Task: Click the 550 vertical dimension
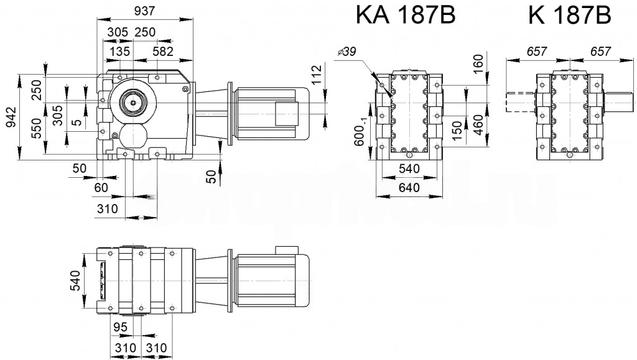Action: pyautogui.click(x=37, y=127)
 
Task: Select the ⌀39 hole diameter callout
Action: pyautogui.click(x=346, y=52)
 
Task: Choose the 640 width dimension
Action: pyautogui.click(x=408, y=187)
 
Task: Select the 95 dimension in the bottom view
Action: pyautogui.click(x=121, y=326)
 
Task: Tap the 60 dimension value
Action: pyautogui.click(x=101, y=187)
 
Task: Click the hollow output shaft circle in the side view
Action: pyautogui.click(x=133, y=99)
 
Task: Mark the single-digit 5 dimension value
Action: pyautogui.click(x=76, y=122)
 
